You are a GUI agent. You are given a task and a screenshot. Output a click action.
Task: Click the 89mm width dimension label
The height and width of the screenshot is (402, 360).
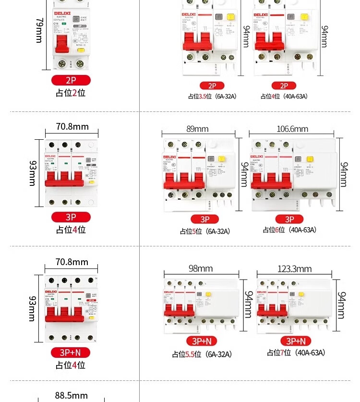[x=197, y=129]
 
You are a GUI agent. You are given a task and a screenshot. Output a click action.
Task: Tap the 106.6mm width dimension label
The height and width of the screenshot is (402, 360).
[x=292, y=129]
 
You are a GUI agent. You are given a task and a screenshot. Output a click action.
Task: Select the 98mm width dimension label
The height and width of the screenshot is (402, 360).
[x=200, y=268]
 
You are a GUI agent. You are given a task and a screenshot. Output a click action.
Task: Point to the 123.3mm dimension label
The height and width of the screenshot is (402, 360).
[x=294, y=268]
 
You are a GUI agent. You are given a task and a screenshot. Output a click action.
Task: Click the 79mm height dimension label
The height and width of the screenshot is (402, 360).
[x=39, y=31]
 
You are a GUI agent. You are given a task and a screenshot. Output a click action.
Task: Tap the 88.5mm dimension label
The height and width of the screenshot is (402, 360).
[x=71, y=395]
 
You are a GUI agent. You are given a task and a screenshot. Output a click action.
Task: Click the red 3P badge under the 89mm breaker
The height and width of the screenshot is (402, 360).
[x=205, y=219]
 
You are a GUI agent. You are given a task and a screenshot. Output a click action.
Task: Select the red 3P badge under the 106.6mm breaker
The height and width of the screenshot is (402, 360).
[x=289, y=219]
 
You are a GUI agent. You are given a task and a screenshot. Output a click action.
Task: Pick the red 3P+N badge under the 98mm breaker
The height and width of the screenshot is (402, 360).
[x=202, y=341]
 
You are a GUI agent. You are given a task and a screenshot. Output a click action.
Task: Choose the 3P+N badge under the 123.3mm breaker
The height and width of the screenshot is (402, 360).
[x=296, y=341]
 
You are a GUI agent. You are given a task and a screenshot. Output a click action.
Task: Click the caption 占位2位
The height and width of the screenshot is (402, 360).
[x=71, y=93]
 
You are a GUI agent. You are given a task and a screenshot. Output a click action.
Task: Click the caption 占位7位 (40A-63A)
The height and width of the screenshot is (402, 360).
[x=296, y=353]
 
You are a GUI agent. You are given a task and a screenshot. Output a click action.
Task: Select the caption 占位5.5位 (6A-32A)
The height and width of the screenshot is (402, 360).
[x=202, y=354]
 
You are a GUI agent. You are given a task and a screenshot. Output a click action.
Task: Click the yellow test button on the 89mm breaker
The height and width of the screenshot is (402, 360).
[x=222, y=159]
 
